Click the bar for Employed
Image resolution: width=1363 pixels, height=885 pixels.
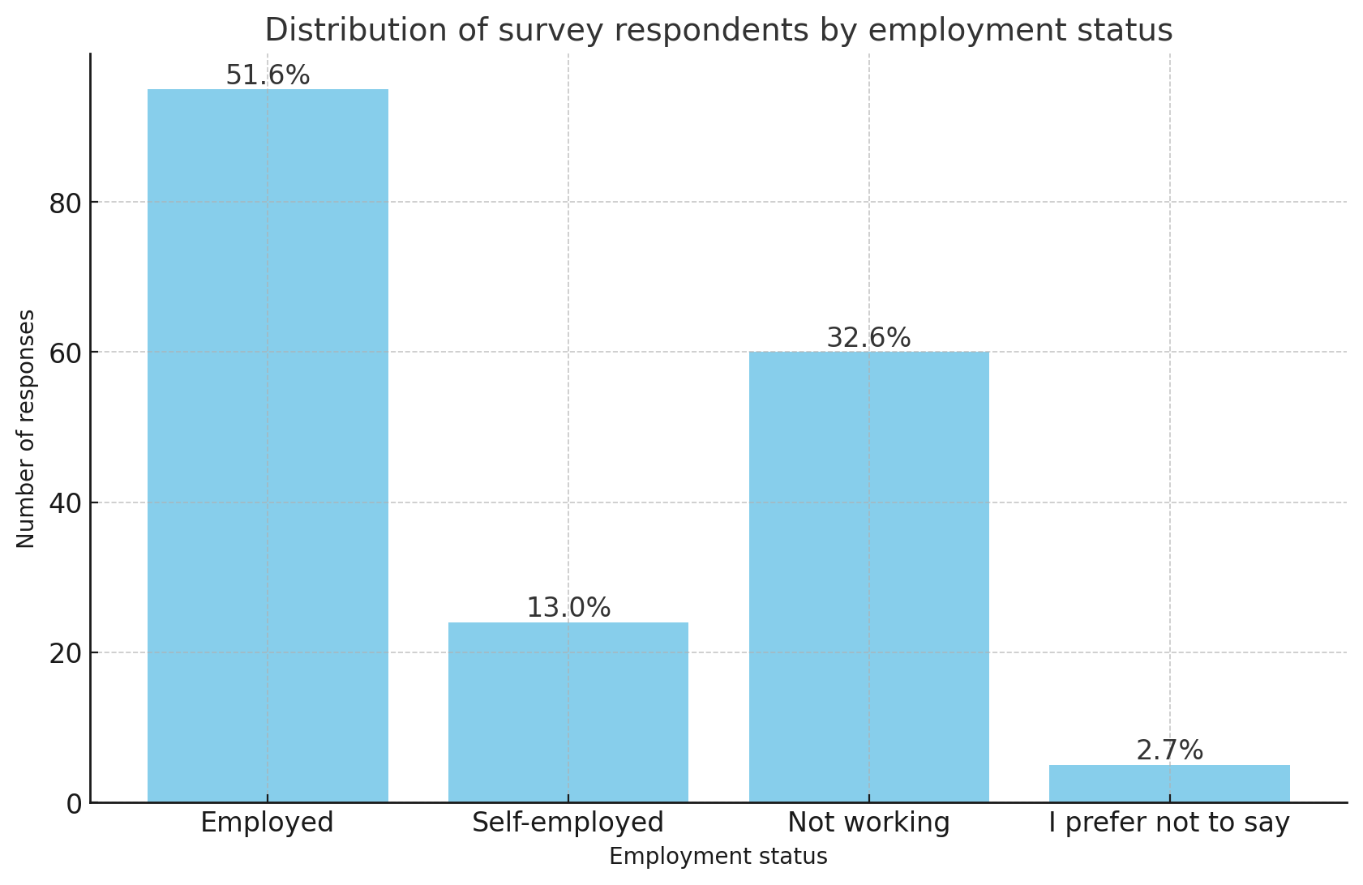click(x=268, y=446)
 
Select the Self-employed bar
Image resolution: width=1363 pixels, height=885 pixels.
click(x=568, y=712)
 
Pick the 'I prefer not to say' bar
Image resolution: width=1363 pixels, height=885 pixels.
click(x=1169, y=784)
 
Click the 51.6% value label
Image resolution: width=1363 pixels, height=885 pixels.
click(x=268, y=75)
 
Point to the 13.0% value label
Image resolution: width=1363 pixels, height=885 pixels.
click(x=568, y=608)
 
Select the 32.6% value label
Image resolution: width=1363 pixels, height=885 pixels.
click(x=868, y=338)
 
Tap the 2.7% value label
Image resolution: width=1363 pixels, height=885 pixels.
click(x=1169, y=750)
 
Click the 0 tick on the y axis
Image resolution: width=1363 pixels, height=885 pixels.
click(x=74, y=804)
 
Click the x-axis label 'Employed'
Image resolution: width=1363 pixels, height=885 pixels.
click(x=267, y=823)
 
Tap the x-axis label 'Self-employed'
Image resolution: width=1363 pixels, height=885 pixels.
click(x=568, y=823)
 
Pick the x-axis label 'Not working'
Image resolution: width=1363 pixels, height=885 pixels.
click(x=868, y=823)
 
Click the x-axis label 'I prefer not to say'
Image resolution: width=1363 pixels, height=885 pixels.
click(x=1169, y=823)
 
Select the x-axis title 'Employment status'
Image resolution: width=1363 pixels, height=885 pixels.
click(x=718, y=857)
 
